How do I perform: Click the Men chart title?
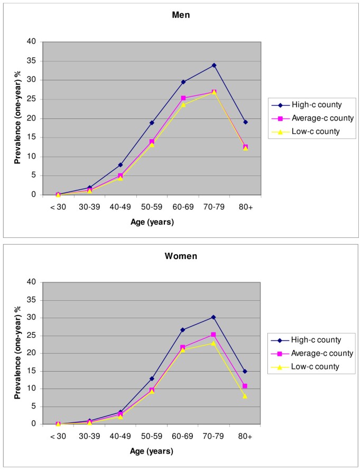pos(181,15)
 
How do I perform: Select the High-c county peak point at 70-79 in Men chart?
pos(214,65)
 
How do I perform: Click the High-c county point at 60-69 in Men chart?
pos(183,82)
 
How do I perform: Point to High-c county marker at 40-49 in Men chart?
pos(120,165)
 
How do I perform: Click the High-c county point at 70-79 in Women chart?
pos(214,317)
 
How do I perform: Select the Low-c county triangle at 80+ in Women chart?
pos(245,395)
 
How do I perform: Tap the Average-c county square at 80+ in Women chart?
pos(245,386)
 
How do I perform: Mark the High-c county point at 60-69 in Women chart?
pos(183,330)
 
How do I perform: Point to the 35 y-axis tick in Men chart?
pos(33,61)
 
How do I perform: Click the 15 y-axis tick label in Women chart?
pos(33,371)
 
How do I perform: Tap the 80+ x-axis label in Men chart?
pos(245,207)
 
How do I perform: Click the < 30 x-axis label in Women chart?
pos(58,437)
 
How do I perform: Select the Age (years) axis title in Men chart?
pos(152,222)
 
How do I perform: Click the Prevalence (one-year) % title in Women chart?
pos(17,353)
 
